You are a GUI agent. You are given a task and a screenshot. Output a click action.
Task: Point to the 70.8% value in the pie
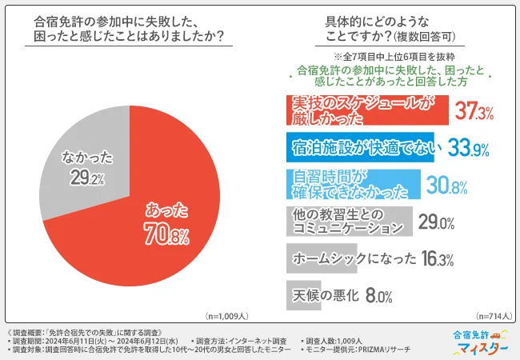(167, 237)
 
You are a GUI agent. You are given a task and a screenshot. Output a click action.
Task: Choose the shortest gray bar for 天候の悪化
(303, 295)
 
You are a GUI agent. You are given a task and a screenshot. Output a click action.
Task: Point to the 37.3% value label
(474, 111)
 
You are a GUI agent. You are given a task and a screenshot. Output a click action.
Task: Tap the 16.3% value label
(439, 260)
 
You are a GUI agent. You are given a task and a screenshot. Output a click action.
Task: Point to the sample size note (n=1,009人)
(227, 316)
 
